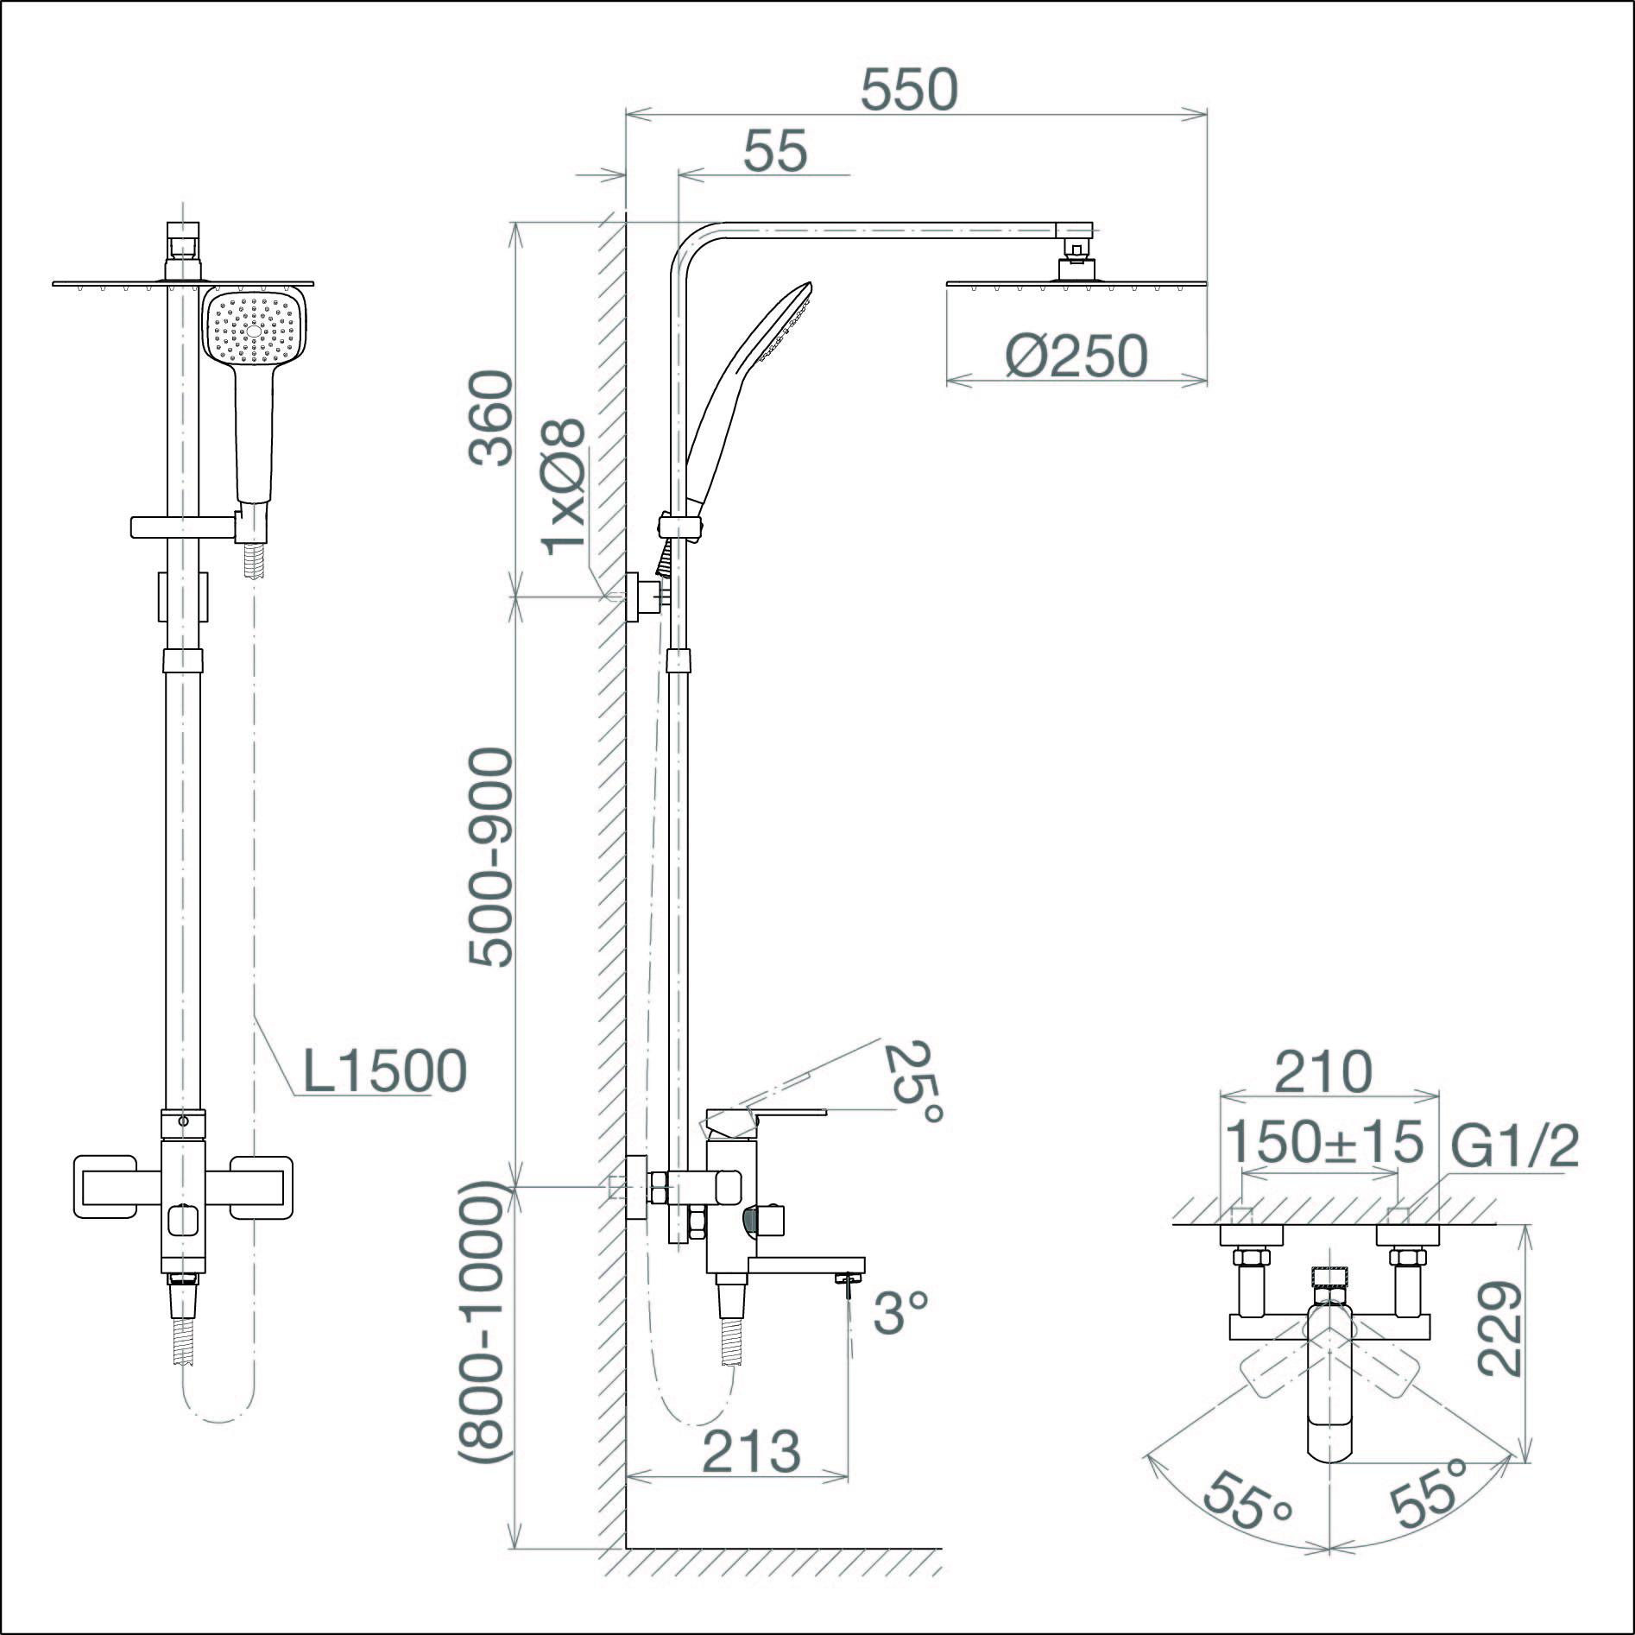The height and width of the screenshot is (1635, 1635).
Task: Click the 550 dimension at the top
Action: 909,90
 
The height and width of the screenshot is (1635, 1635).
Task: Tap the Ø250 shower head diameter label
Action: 1076,356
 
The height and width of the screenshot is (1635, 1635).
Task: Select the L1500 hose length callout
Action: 385,1071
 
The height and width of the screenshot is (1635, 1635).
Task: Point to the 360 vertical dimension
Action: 491,419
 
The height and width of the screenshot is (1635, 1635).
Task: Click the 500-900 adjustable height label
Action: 491,857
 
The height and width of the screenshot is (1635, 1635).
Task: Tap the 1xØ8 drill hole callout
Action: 564,488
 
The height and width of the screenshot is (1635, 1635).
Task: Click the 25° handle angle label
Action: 914,1083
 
